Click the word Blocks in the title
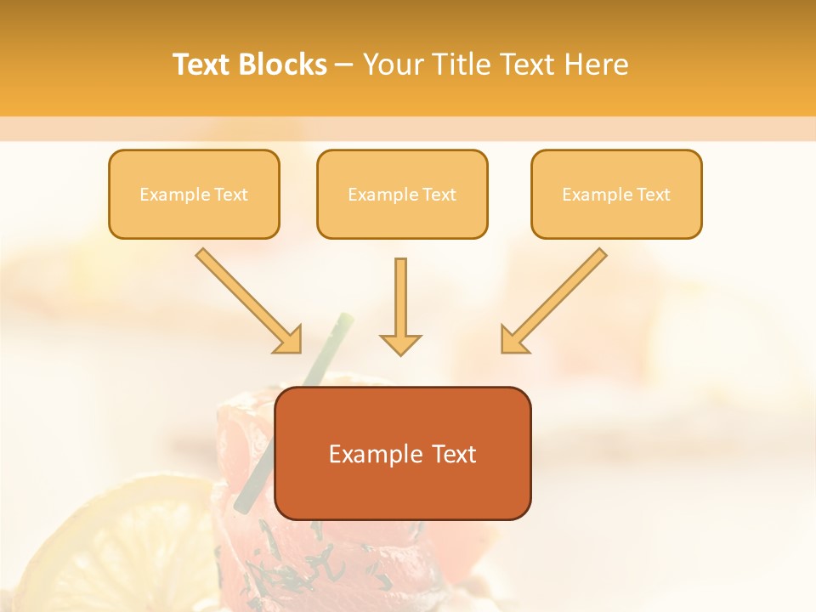283,65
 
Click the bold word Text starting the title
202,65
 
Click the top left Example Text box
194,195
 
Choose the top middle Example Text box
402,195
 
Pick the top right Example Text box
616,195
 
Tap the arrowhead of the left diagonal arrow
289,340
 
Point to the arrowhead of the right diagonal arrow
513,340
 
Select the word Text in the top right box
653,195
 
